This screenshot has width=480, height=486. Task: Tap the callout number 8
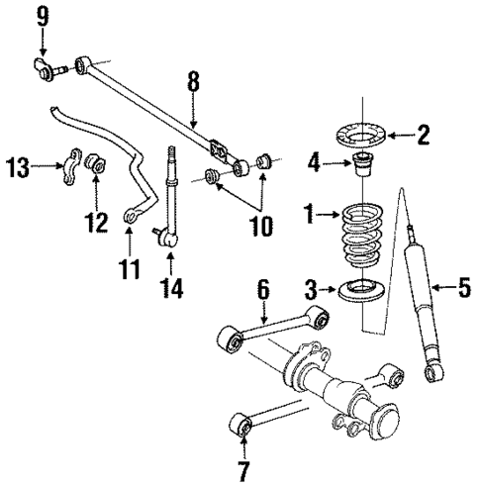(x=194, y=82)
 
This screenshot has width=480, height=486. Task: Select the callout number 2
(x=423, y=135)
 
